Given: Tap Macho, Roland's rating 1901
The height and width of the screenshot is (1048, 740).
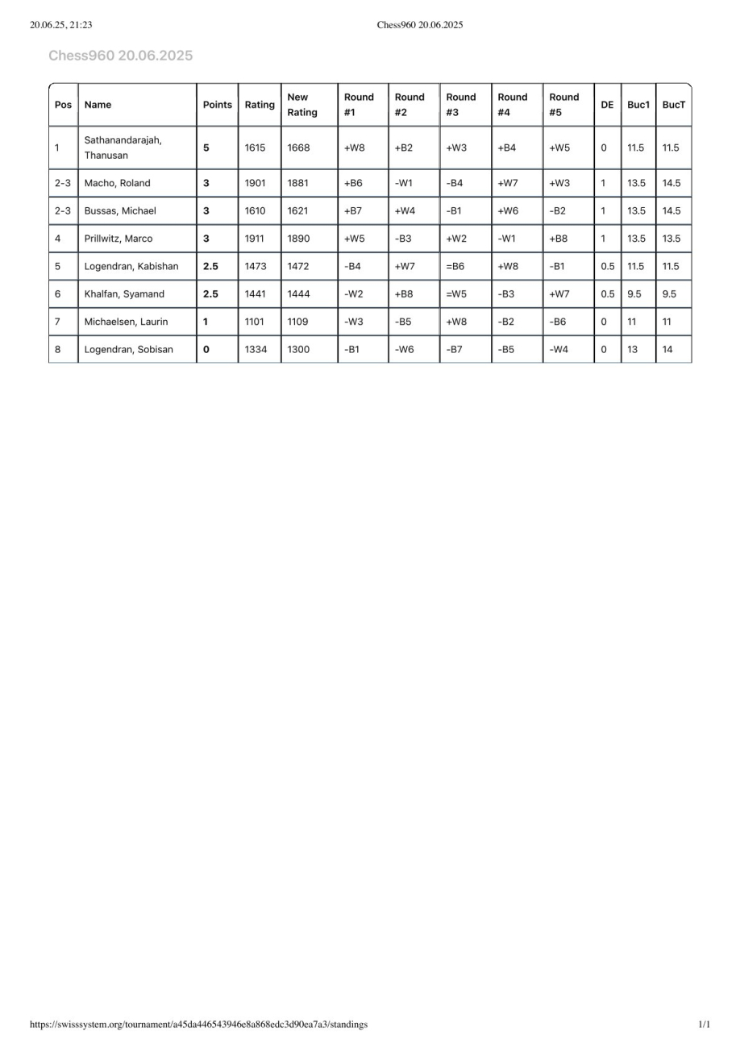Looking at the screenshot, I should (255, 183).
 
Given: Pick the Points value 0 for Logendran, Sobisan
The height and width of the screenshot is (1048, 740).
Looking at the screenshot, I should (206, 349).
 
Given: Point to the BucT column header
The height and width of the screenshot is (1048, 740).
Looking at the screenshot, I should (673, 105).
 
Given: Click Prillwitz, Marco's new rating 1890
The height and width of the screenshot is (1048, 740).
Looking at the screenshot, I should (298, 239).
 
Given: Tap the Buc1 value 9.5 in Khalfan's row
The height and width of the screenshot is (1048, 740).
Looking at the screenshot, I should (634, 294).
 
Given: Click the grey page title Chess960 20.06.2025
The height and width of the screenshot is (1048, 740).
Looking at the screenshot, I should (120, 56).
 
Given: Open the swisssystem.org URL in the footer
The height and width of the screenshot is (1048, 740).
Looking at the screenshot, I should (198, 1025).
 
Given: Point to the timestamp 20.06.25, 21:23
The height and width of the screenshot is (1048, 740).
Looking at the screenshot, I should (60, 25).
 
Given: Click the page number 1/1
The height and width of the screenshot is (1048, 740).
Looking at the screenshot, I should (704, 1025).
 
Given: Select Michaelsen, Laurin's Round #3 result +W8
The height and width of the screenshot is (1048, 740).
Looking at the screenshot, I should (456, 322).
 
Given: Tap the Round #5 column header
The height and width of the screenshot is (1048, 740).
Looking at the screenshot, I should (563, 105).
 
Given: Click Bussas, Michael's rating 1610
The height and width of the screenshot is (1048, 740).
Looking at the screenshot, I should (255, 211).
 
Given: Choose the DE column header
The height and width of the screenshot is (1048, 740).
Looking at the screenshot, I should (607, 105).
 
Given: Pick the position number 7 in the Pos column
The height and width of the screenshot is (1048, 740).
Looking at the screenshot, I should (57, 322).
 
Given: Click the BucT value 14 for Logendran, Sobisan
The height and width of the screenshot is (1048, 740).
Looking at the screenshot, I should (667, 349).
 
